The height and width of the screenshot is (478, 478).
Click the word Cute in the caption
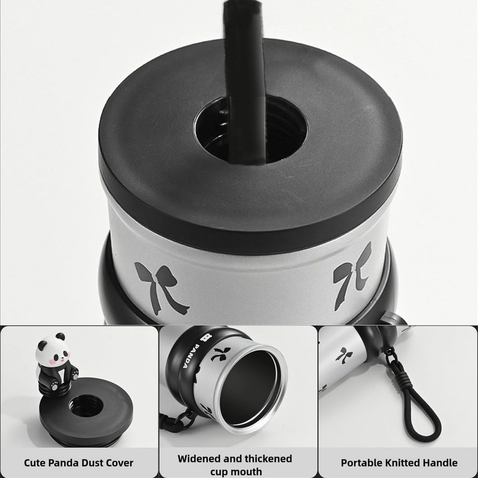35,463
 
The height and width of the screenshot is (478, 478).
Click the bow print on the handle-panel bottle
344,355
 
